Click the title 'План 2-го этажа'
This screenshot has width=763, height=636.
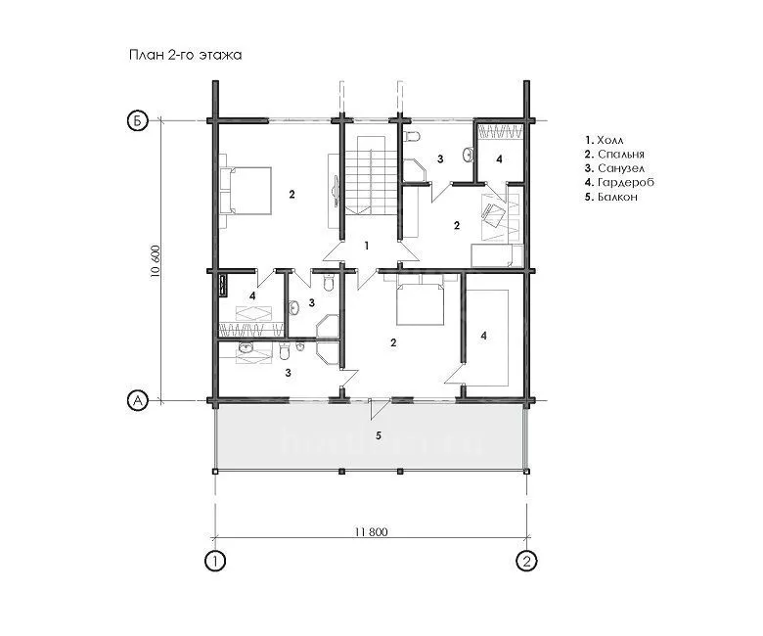coord(186,55)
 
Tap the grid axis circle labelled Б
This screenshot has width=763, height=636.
coord(137,120)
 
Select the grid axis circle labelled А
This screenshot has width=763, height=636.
coord(137,400)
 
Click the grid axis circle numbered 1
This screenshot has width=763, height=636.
coord(214,562)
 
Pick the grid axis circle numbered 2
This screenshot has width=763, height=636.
coord(526,562)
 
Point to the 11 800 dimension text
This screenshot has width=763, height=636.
coord(372,532)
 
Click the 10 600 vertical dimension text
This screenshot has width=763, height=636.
coord(156,261)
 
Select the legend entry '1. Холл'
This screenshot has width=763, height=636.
coord(605,140)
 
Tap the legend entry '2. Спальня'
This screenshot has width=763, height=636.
coord(614,155)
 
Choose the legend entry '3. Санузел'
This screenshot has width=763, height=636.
coord(615,168)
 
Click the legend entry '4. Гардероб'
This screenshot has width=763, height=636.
coord(619,182)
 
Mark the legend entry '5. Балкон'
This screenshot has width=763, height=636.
coord(611,197)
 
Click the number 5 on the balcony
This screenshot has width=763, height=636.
coord(379,435)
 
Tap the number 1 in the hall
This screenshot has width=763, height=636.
coord(367,247)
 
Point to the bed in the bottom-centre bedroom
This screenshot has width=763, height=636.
coord(420,299)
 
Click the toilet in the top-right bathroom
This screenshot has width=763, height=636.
coord(411,135)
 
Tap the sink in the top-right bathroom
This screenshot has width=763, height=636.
coord(469,154)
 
